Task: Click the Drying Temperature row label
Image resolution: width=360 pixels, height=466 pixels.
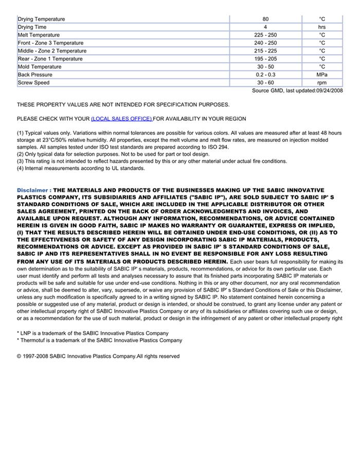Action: click(x=41, y=19)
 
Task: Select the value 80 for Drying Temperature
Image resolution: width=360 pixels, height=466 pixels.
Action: click(x=265, y=19)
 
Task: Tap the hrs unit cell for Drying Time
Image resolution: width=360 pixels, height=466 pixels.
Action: click(x=322, y=27)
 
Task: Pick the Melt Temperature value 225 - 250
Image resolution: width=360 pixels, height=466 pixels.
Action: click(x=265, y=35)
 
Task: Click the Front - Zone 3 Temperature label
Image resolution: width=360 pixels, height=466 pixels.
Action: click(x=50, y=43)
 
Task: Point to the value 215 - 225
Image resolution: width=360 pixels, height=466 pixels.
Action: click(x=265, y=51)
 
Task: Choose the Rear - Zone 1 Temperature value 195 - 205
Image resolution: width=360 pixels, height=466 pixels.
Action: click(x=265, y=59)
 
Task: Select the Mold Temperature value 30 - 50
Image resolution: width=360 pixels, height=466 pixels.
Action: click(x=265, y=67)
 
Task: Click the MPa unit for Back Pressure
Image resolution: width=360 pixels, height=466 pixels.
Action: click(x=322, y=75)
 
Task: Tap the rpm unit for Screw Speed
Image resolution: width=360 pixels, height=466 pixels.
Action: click(x=322, y=83)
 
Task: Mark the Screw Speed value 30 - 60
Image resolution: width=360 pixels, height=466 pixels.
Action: click(x=265, y=83)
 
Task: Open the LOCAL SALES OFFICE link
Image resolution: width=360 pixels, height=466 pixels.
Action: click(x=121, y=119)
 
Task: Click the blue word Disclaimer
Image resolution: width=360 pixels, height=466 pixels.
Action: click(x=32, y=190)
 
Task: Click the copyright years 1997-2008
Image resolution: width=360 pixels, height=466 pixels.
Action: click(x=36, y=356)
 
